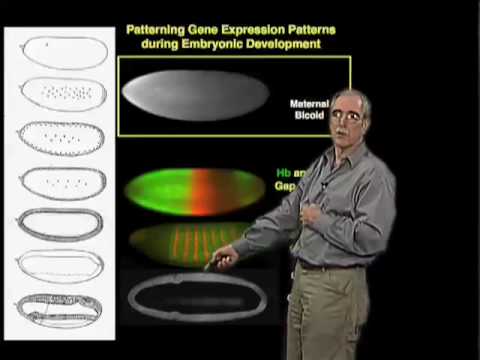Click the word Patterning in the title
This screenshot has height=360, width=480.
(158, 31)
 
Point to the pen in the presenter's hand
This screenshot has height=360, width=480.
(213, 264)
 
